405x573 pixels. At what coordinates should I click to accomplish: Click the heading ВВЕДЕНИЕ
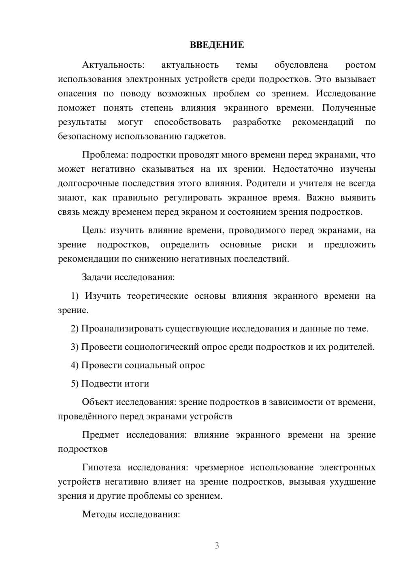pos(217,45)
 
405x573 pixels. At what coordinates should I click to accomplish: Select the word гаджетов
pos(206,136)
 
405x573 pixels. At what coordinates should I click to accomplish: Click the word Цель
pos(94,230)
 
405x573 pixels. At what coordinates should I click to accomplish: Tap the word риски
pos(285,244)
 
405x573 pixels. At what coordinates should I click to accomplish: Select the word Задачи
pos(97,277)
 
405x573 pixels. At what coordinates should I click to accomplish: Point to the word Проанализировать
pos(122,328)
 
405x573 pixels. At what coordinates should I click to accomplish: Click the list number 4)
pos(75,365)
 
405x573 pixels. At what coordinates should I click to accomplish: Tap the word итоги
pos(134,383)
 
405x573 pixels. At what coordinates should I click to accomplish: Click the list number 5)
pos(75,383)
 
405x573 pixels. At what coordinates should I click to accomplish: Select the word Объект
pos(98,402)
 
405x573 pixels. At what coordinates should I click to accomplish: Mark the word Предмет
pos(100,435)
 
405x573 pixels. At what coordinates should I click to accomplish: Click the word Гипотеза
pos(101,467)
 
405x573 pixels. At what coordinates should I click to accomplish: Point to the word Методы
pos(98,514)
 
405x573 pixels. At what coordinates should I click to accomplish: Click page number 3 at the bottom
pos(217,545)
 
